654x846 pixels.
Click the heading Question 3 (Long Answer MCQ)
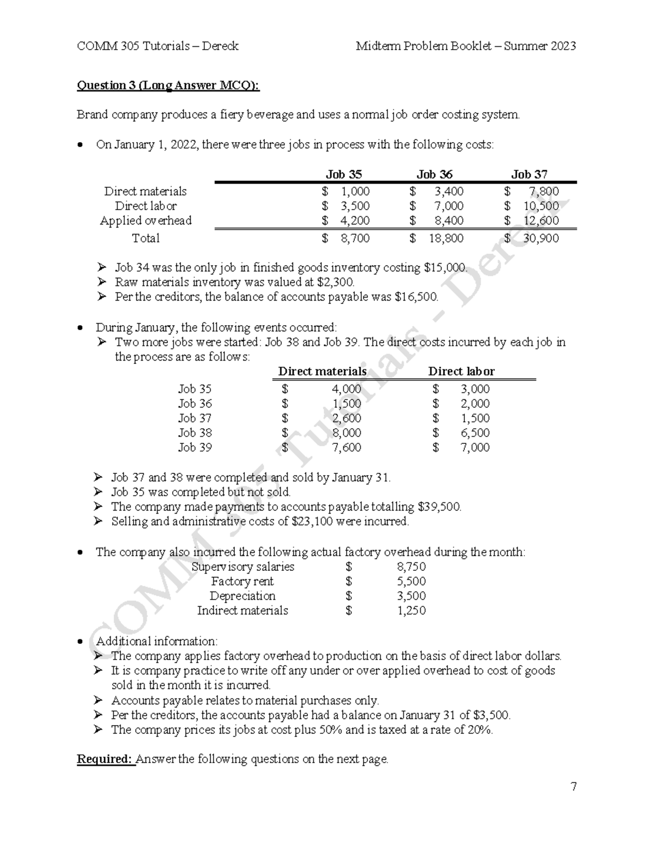(168, 86)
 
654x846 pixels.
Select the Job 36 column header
(434, 174)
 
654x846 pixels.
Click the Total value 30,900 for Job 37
(541, 238)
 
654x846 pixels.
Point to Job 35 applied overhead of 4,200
(355, 221)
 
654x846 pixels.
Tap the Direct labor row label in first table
(146, 206)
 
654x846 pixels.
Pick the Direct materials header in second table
(322, 372)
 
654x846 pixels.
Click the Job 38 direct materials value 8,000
(346, 433)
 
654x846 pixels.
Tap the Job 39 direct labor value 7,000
(475, 448)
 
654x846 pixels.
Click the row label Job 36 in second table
(195, 404)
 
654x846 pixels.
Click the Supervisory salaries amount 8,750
(411, 567)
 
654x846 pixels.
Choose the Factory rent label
(242, 581)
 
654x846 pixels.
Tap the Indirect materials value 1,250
(411, 611)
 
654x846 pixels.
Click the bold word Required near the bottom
(105, 759)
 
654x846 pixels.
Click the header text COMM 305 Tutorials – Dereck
(158, 46)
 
